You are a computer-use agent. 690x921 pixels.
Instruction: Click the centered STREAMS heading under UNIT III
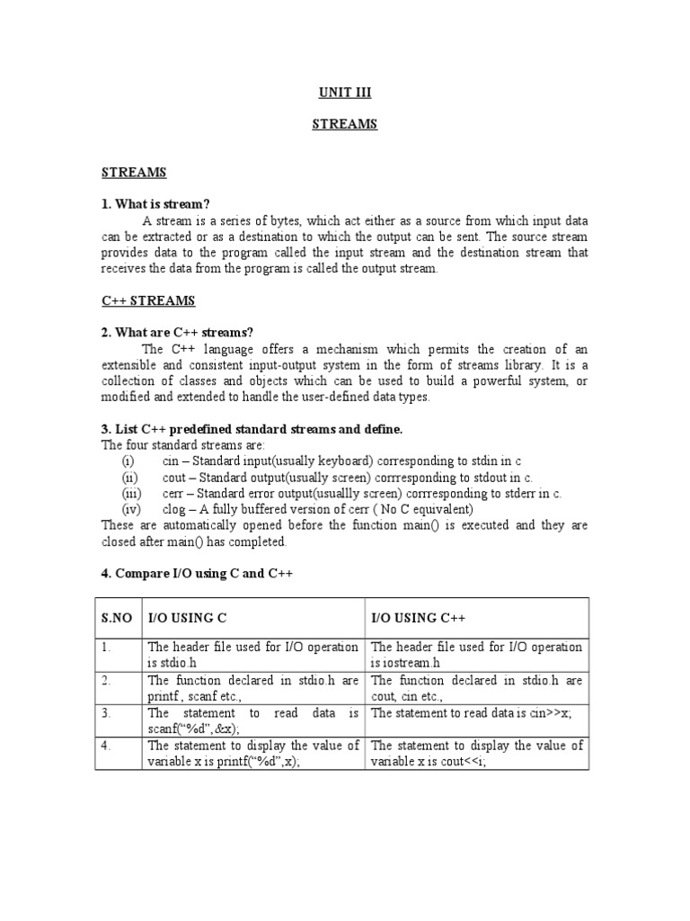(x=345, y=125)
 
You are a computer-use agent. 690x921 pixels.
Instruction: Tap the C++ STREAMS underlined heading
(x=148, y=300)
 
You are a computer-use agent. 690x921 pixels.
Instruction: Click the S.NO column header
(x=117, y=618)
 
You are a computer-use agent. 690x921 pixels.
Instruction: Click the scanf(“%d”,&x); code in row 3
(x=188, y=729)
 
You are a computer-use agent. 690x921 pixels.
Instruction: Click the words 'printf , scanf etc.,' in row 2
(x=192, y=696)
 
